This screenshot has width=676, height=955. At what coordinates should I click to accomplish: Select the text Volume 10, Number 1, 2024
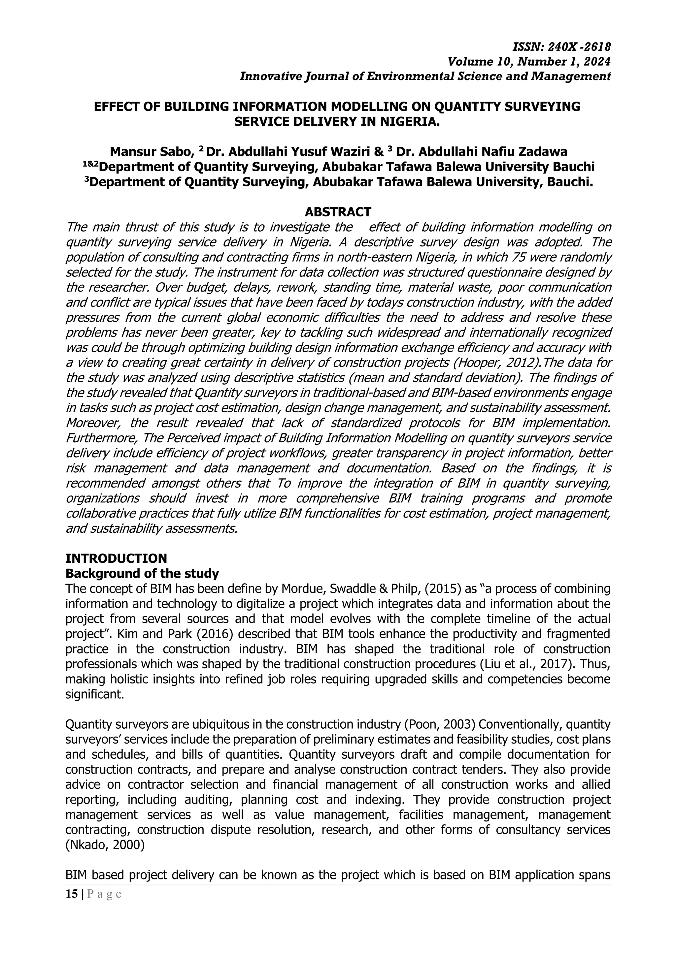pos(529,62)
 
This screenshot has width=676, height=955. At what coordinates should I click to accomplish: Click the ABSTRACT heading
pos(338,212)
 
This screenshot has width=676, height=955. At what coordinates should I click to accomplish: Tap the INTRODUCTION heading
pos(116,558)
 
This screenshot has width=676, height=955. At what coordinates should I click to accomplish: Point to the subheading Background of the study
pos(142,574)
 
